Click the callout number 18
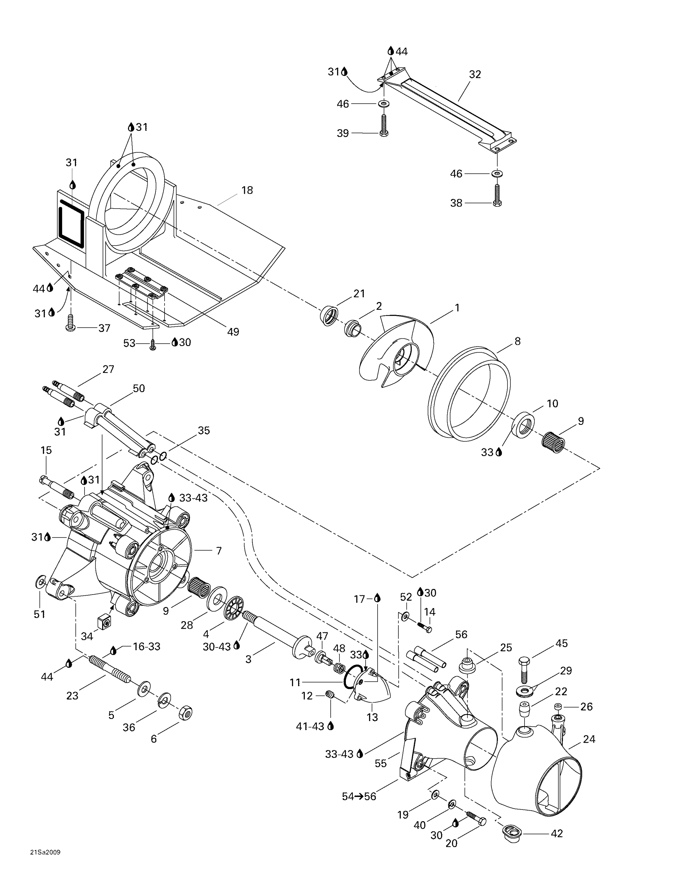pos(247,190)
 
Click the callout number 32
pos(475,74)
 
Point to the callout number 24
pos(589,739)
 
